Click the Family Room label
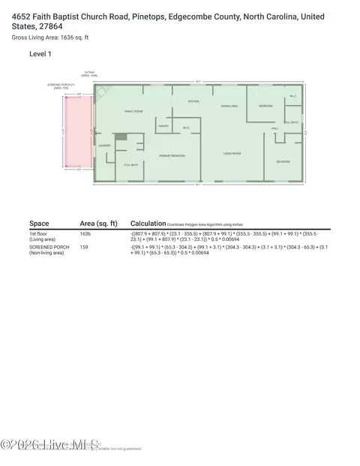[x=133, y=112]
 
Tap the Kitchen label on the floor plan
[x=193, y=101]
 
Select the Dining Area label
[x=229, y=107]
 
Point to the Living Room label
[x=232, y=154]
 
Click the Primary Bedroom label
[x=172, y=155]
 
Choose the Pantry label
[x=163, y=126]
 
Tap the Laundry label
[x=104, y=146]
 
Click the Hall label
[x=275, y=128]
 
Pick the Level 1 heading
[x=40, y=54]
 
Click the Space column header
[x=39, y=224]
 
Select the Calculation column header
[x=148, y=224]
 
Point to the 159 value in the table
[x=84, y=246]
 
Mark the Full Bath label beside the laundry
[x=130, y=164]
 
